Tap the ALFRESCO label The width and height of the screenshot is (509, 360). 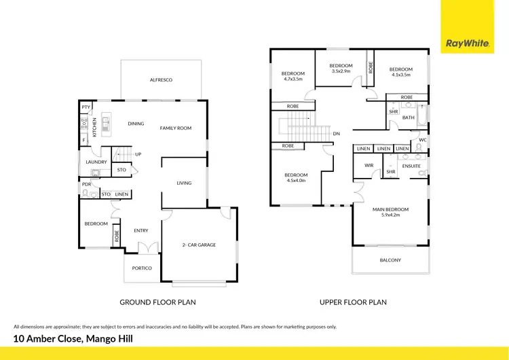pyautogui.click(x=162, y=80)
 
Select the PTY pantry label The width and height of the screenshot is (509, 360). pyautogui.click(x=86, y=107)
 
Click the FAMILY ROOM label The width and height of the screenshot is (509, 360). pyautogui.click(x=176, y=128)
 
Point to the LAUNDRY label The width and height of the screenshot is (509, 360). pyautogui.click(x=96, y=162)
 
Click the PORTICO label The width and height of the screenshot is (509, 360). pyautogui.click(x=142, y=268)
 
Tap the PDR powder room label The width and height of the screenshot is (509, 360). pyautogui.click(x=87, y=184)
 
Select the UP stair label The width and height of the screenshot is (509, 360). pyautogui.click(x=138, y=154)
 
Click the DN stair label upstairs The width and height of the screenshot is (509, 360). pyautogui.click(x=336, y=134)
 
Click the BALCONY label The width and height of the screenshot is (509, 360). pyautogui.click(x=390, y=260)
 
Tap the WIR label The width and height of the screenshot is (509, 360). pyautogui.click(x=369, y=165)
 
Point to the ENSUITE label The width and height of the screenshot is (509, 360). pyautogui.click(x=411, y=165)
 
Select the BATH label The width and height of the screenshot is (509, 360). pyautogui.click(x=409, y=118)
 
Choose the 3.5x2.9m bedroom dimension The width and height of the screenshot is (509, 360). pyautogui.click(x=341, y=71)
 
